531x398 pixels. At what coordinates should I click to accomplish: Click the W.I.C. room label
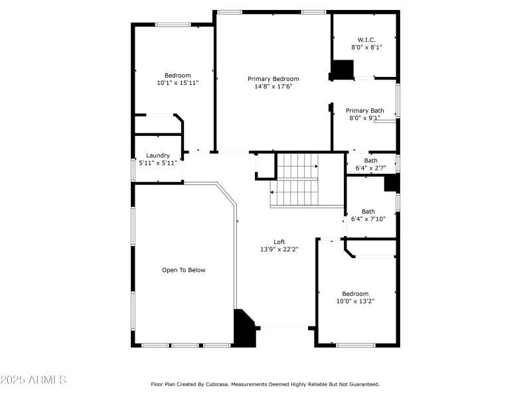pyautogui.click(x=366, y=39)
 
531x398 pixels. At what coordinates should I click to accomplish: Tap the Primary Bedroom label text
pyautogui.click(x=273, y=79)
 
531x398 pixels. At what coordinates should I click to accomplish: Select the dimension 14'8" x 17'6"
pyautogui.click(x=273, y=86)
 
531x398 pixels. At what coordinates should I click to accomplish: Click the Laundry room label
pyautogui.click(x=158, y=155)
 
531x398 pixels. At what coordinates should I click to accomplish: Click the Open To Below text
pyautogui.click(x=184, y=270)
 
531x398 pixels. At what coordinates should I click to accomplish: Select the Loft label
pyautogui.click(x=279, y=241)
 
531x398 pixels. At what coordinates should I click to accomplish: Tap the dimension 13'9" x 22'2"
pyautogui.click(x=279, y=249)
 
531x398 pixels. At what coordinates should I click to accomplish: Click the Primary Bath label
pyautogui.click(x=364, y=111)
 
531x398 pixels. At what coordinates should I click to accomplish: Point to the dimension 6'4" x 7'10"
pyautogui.click(x=368, y=220)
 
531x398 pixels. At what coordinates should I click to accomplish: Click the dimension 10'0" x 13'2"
pyautogui.click(x=355, y=301)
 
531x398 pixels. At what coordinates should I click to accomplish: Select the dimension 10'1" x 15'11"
pyautogui.click(x=177, y=83)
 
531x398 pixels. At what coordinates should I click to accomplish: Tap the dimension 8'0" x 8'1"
pyautogui.click(x=366, y=47)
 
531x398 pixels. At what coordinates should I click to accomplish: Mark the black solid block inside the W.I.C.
pyautogui.click(x=342, y=70)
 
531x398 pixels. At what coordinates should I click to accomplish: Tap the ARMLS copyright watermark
pyautogui.click(x=33, y=380)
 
